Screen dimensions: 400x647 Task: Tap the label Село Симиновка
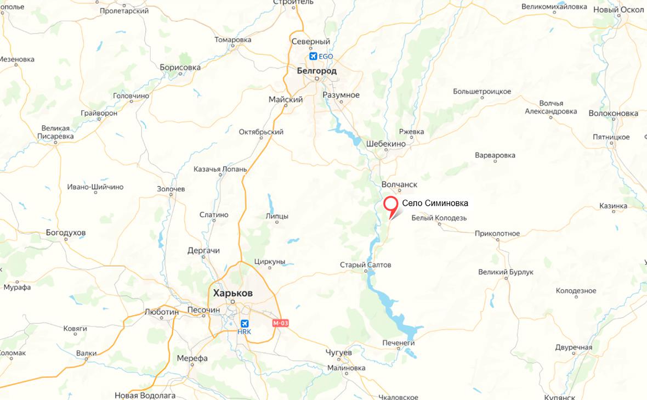tap(435, 204)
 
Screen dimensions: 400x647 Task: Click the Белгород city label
tap(316, 71)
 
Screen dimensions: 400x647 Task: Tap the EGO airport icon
tap(313, 56)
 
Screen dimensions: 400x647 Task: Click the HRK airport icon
tap(244, 323)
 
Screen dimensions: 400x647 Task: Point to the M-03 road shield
tap(280, 323)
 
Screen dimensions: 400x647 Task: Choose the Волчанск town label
tap(399, 185)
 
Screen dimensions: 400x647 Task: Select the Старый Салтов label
tap(366, 265)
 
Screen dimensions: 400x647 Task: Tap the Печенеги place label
tap(399, 343)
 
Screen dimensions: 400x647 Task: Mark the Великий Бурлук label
tap(506, 272)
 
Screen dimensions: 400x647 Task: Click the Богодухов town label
tap(66, 233)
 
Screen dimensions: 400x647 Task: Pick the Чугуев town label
tap(338, 351)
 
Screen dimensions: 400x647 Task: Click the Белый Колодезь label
tap(439, 218)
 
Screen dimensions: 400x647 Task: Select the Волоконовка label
tap(613, 113)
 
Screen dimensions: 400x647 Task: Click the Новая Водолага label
tap(145, 395)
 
